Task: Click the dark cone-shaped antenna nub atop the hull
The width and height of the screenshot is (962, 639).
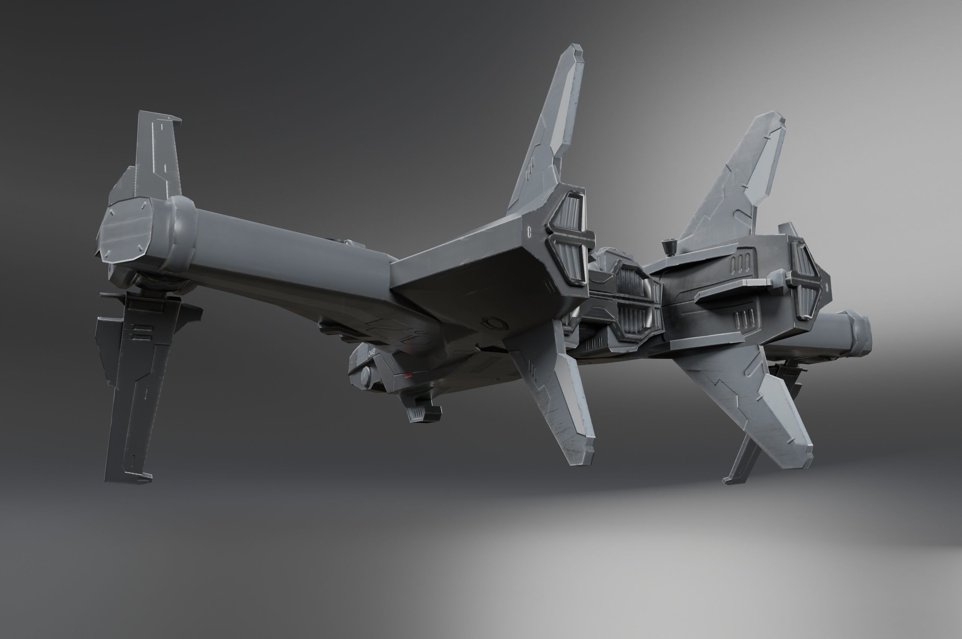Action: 667,246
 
